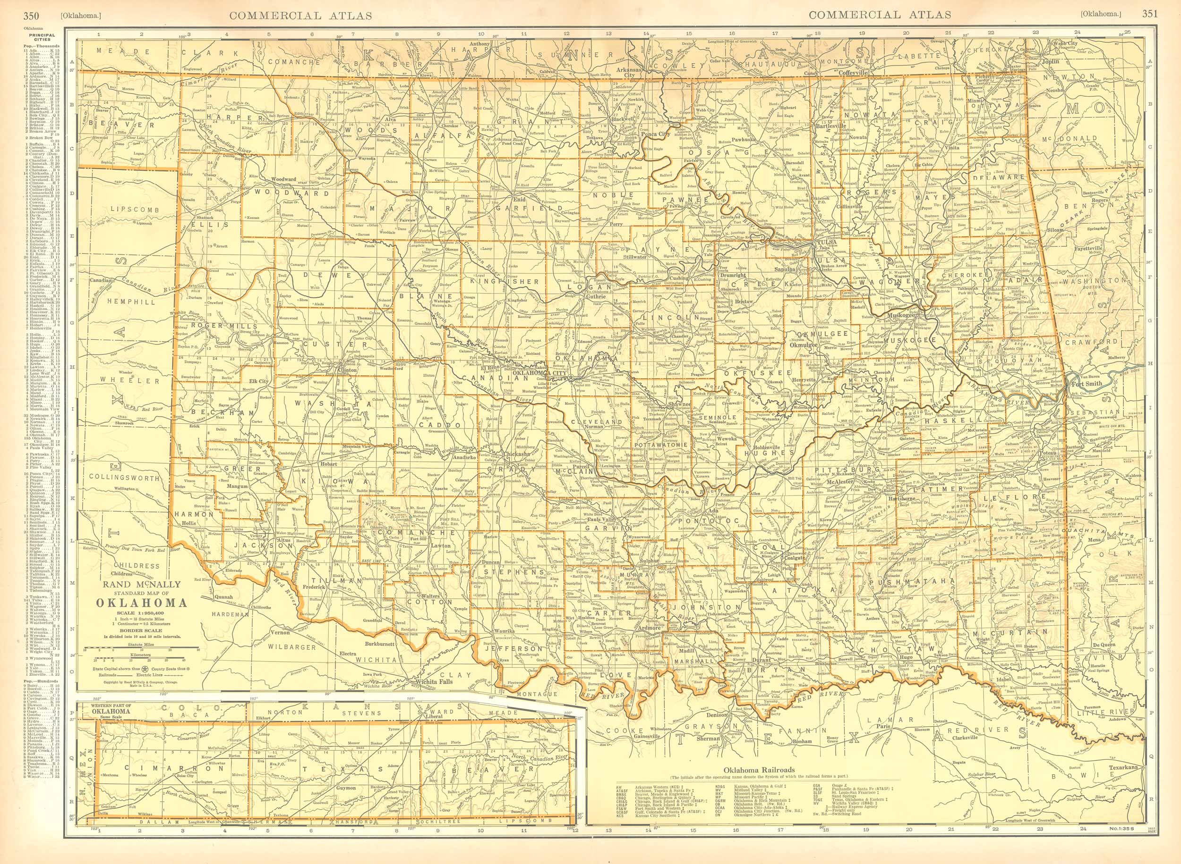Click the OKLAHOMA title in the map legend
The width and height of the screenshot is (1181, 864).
coord(141,602)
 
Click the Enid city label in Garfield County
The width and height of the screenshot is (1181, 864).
coord(518,199)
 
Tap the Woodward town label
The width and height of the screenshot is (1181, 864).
coord(283,179)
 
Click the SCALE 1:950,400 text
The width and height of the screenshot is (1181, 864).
coord(141,613)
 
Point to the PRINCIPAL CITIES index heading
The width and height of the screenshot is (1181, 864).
coord(43,37)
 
